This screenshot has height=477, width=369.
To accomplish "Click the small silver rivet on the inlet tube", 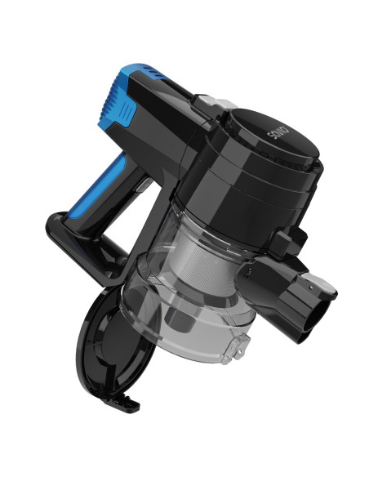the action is (x=311, y=287).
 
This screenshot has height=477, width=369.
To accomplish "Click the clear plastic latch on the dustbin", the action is (x=236, y=349).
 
